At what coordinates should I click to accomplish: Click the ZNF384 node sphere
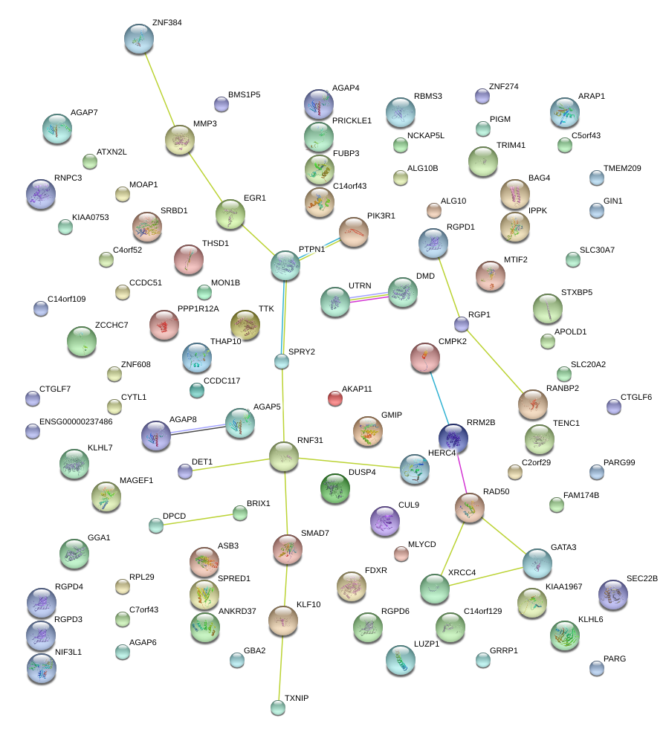point(139,39)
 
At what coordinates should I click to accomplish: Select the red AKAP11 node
point(335,399)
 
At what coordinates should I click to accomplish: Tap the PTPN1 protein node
point(285,265)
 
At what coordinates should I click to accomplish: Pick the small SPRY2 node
point(282,362)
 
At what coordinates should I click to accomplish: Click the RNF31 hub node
point(283,456)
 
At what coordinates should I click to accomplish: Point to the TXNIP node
point(278,708)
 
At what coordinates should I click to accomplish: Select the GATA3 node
point(537,563)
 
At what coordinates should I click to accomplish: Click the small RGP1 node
point(462,324)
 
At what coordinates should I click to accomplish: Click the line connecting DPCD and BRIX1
point(198,519)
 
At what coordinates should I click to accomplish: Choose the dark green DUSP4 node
point(335,488)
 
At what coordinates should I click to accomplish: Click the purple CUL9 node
point(384,521)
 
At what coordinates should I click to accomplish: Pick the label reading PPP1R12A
point(198,308)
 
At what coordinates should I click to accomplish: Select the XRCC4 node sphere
point(434,589)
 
